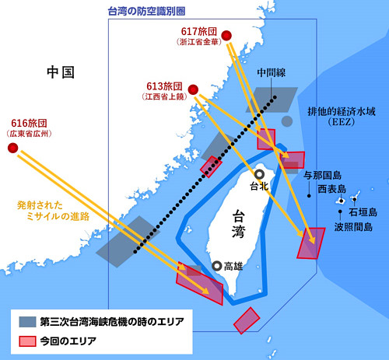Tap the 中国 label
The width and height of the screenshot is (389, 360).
(x=60, y=73)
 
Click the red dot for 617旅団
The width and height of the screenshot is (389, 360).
(x=226, y=35)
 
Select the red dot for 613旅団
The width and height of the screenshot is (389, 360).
(x=193, y=89)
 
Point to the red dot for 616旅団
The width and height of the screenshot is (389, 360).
(x=13, y=147)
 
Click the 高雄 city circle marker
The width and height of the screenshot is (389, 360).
(x=217, y=265)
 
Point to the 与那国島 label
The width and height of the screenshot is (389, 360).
(x=328, y=175)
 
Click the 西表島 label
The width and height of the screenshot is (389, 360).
(x=331, y=190)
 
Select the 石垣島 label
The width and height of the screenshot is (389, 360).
(x=363, y=211)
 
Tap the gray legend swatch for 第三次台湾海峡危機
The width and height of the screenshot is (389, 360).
(x=27, y=320)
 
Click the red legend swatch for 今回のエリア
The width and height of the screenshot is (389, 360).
(x=27, y=340)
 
